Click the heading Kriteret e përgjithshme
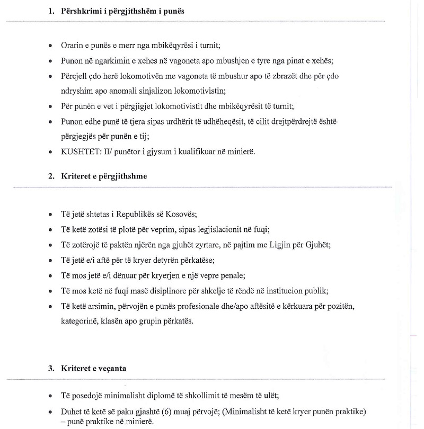coord(104,176)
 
